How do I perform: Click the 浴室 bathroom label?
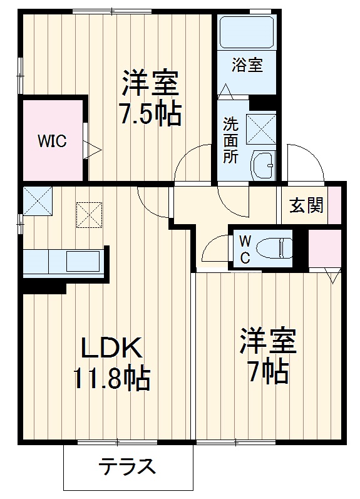[247, 64]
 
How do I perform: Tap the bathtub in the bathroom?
[247, 31]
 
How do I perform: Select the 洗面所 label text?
[231, 140]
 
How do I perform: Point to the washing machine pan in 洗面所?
[261, 128]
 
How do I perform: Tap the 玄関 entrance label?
[306, 205]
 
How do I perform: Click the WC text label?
[245, 248]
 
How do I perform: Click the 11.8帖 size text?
[111, 378]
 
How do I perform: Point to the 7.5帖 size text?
[150, 115]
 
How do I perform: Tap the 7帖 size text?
[267, 373]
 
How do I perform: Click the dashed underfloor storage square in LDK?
[88, 213]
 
